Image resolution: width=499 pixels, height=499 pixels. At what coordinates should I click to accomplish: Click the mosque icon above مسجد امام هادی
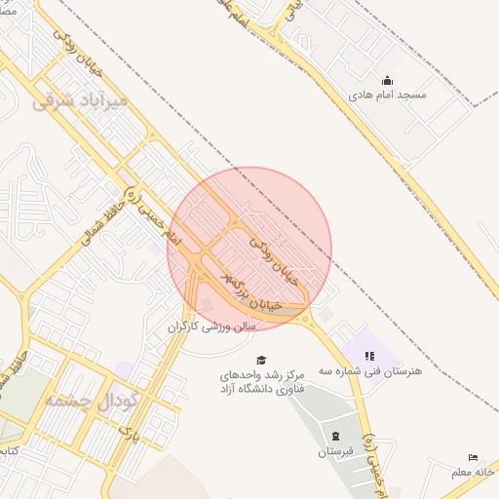click(388, 81)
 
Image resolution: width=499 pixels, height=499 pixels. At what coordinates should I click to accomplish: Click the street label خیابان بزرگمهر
click(252, 291)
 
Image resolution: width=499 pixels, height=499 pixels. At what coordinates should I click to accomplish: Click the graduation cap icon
click(260, 360)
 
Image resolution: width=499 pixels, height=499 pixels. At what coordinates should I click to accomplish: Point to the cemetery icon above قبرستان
click(336, 436)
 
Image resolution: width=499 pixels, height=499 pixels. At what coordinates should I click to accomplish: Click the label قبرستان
click(336, 452)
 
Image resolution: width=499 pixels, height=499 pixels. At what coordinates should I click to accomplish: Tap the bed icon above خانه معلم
click(474, 457)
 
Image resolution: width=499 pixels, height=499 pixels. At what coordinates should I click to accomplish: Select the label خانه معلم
click(474, 473)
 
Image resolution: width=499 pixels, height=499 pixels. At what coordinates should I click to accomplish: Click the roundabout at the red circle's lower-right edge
click(307, 319)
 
